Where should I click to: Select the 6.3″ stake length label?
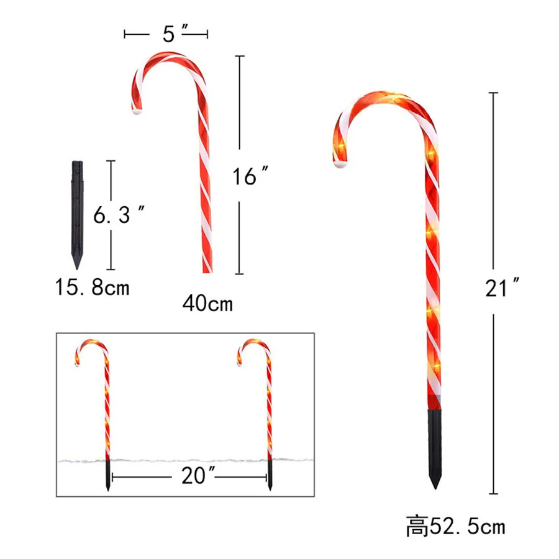[119, 214]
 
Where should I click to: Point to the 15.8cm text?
[92, 288]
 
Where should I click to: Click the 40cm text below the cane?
[207, 303]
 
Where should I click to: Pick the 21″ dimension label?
[502, 288]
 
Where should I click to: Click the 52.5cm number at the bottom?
[467, 526]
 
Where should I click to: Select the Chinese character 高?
[417, 526]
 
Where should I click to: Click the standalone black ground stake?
[78, 214]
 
